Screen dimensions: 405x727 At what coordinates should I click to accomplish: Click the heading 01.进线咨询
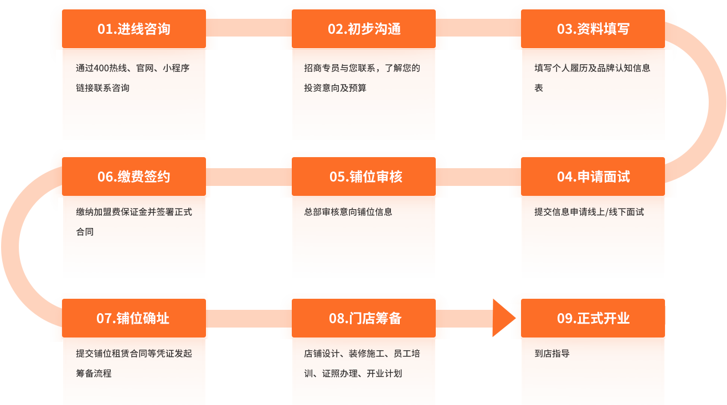pyautogui.click(x=134, y=29)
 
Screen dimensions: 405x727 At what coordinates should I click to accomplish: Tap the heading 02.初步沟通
pyautogui.click(x=364, y=29)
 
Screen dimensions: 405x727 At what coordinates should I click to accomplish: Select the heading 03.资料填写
pyautogui.click(x=593, y=29)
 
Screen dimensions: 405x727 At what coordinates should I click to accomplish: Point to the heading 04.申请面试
pyautogui.click(x=593, y=177)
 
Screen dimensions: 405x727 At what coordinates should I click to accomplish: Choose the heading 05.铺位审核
pyautogui.click(x=365, y=177)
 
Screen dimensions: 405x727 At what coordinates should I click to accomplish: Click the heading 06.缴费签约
pyautogui.click(x=134, y=177)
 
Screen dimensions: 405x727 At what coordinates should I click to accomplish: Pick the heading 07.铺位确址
pyautogui.click(x=133, y=319)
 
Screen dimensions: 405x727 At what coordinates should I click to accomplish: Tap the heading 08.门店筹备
pyautogui.click(x=365, y=319)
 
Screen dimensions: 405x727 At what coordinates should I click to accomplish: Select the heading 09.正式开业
pyautogui.click(x=593, y=319)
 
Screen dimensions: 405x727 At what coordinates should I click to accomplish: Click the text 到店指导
pyautogui.click(x=552, y=354)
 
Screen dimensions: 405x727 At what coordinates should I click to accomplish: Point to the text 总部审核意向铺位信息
pyautogui.click(x=348, y=212)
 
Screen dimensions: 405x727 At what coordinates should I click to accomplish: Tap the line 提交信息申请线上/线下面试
pyautogui.click(x=589, y=212)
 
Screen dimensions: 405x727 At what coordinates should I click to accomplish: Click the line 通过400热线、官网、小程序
pyautogui.click(x=133, y=69)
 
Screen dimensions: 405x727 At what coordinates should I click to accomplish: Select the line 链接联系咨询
pyautogui.click(x=102, y=89)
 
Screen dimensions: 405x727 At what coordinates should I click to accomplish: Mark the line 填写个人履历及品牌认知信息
pyautogui.click(x=592, y=69)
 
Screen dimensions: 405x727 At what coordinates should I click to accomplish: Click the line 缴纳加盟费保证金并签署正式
pyautogui.click(x=134, y=212)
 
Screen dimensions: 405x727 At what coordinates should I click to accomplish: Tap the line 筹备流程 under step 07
pyautogui.click(x=94, y=373)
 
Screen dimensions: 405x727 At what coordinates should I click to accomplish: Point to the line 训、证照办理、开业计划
pyautogui.click(x=353, y=373)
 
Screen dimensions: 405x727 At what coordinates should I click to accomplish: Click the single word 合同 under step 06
pyautogui.click(x=85, y=232)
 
